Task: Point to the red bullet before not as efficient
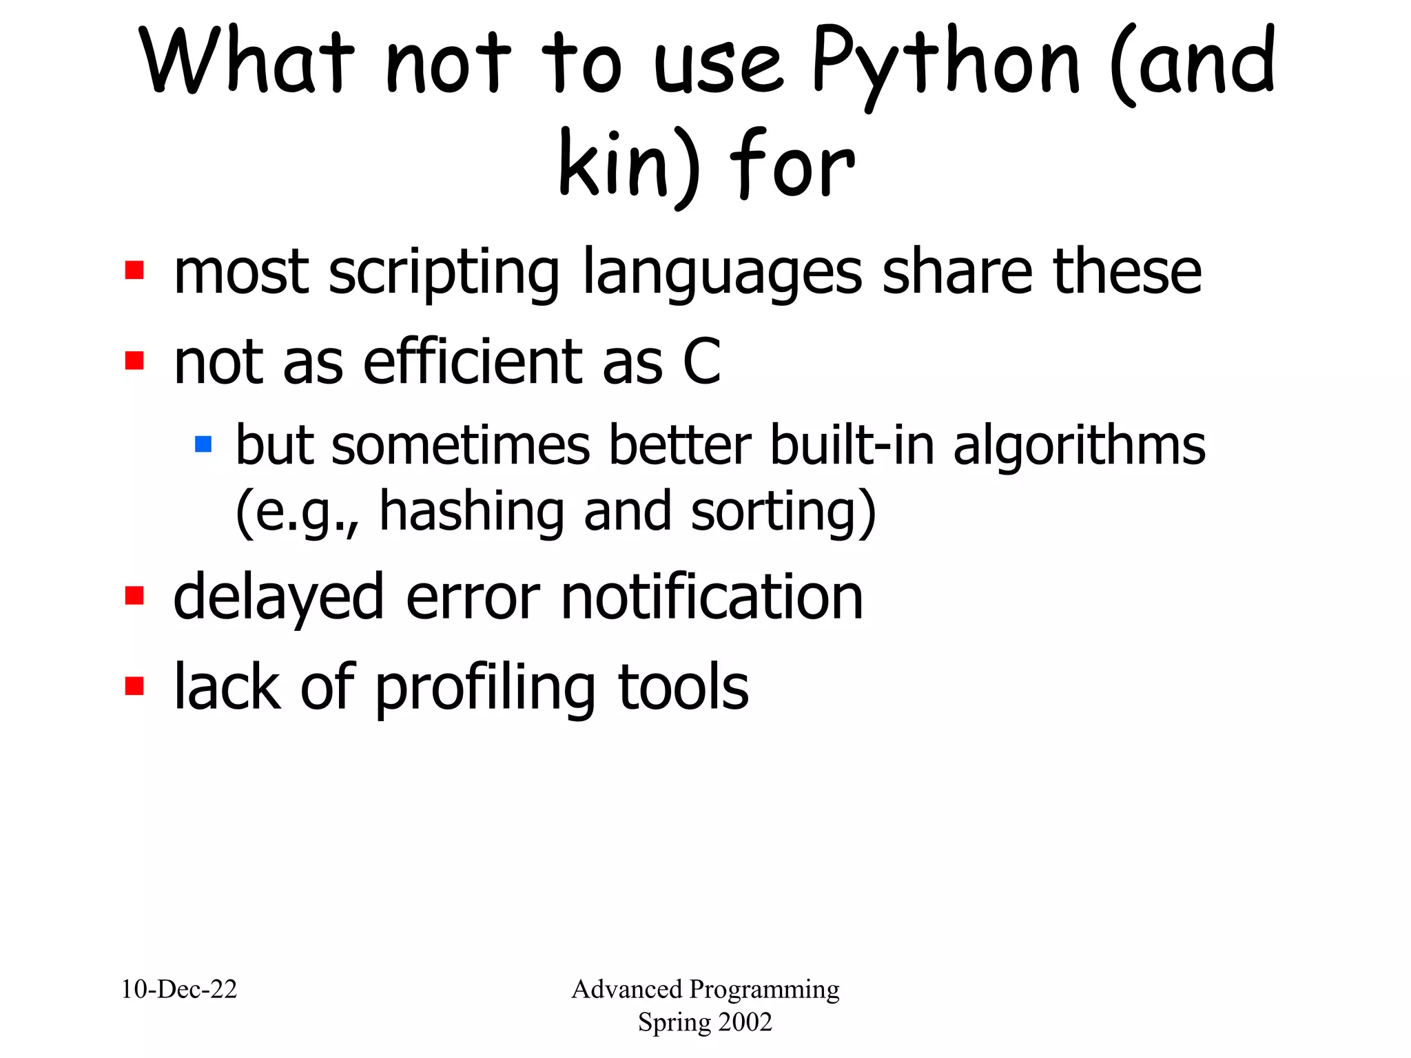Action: click(134, 360)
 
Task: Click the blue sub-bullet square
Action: click(203, 444)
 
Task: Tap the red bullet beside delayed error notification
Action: click(134, 595)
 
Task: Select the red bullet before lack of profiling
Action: click(134, 686)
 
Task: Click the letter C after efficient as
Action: click(701, 361)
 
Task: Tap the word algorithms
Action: click(1079, 446)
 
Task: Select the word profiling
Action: click(485, 689)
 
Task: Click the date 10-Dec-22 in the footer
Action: click(179, 989)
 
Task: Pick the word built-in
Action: click(852, 445)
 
